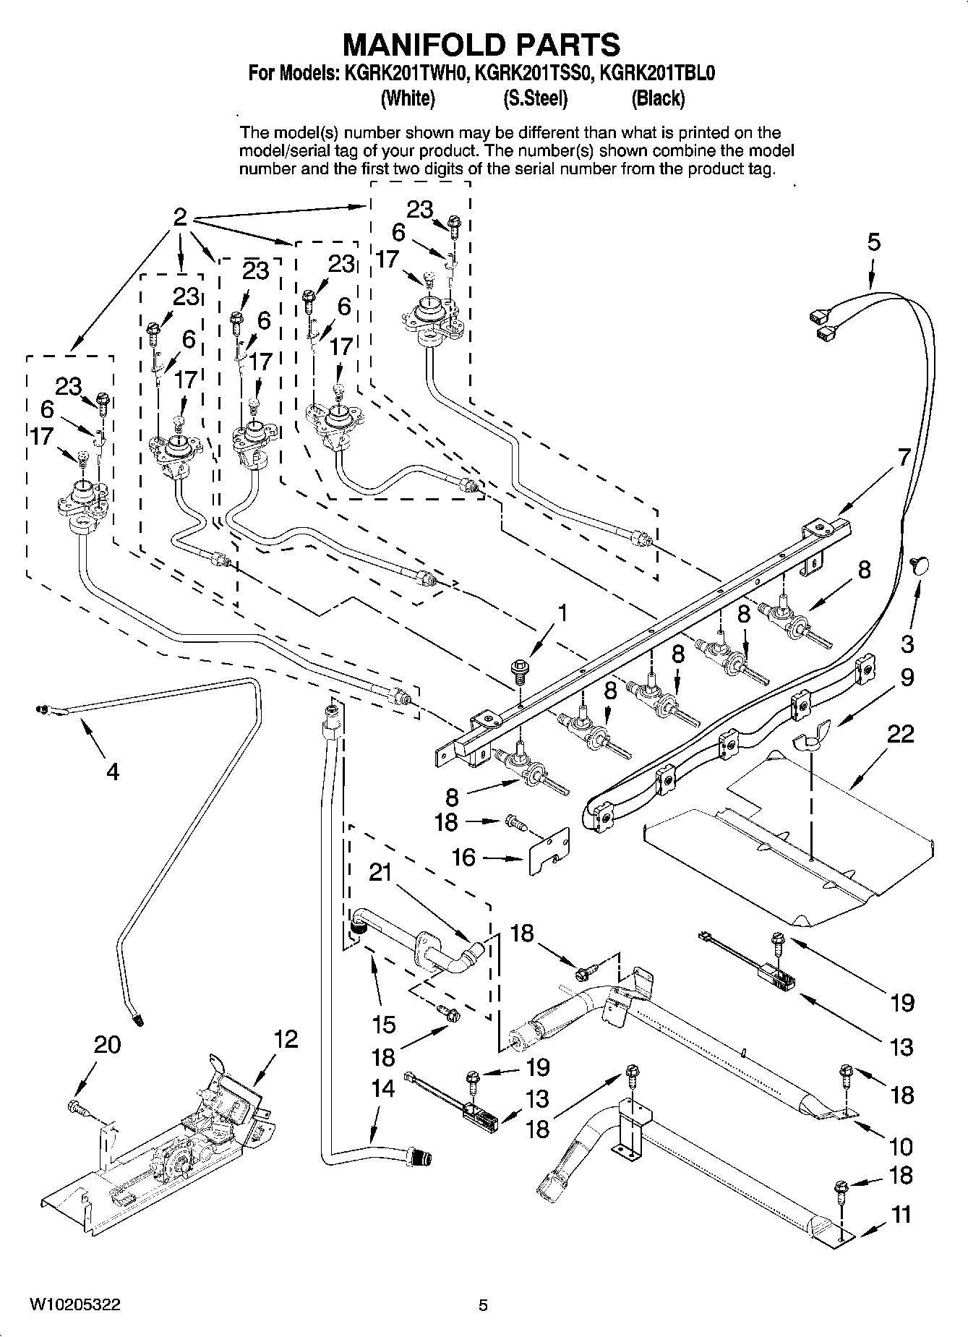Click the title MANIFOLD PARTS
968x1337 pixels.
point(481,45)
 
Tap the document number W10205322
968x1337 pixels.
point(75,1304)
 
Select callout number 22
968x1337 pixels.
point(900,735)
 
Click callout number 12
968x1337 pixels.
point(286,1040)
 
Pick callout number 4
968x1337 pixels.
point(112,772)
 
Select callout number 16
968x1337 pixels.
point(463,858)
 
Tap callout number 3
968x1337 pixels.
point(907,644)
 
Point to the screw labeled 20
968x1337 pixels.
point(76,1105)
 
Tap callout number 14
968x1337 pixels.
point(382,1088)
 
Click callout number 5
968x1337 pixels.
point(874,242)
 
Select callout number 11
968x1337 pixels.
point(901,1214)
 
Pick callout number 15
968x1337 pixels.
point(384,1024)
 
